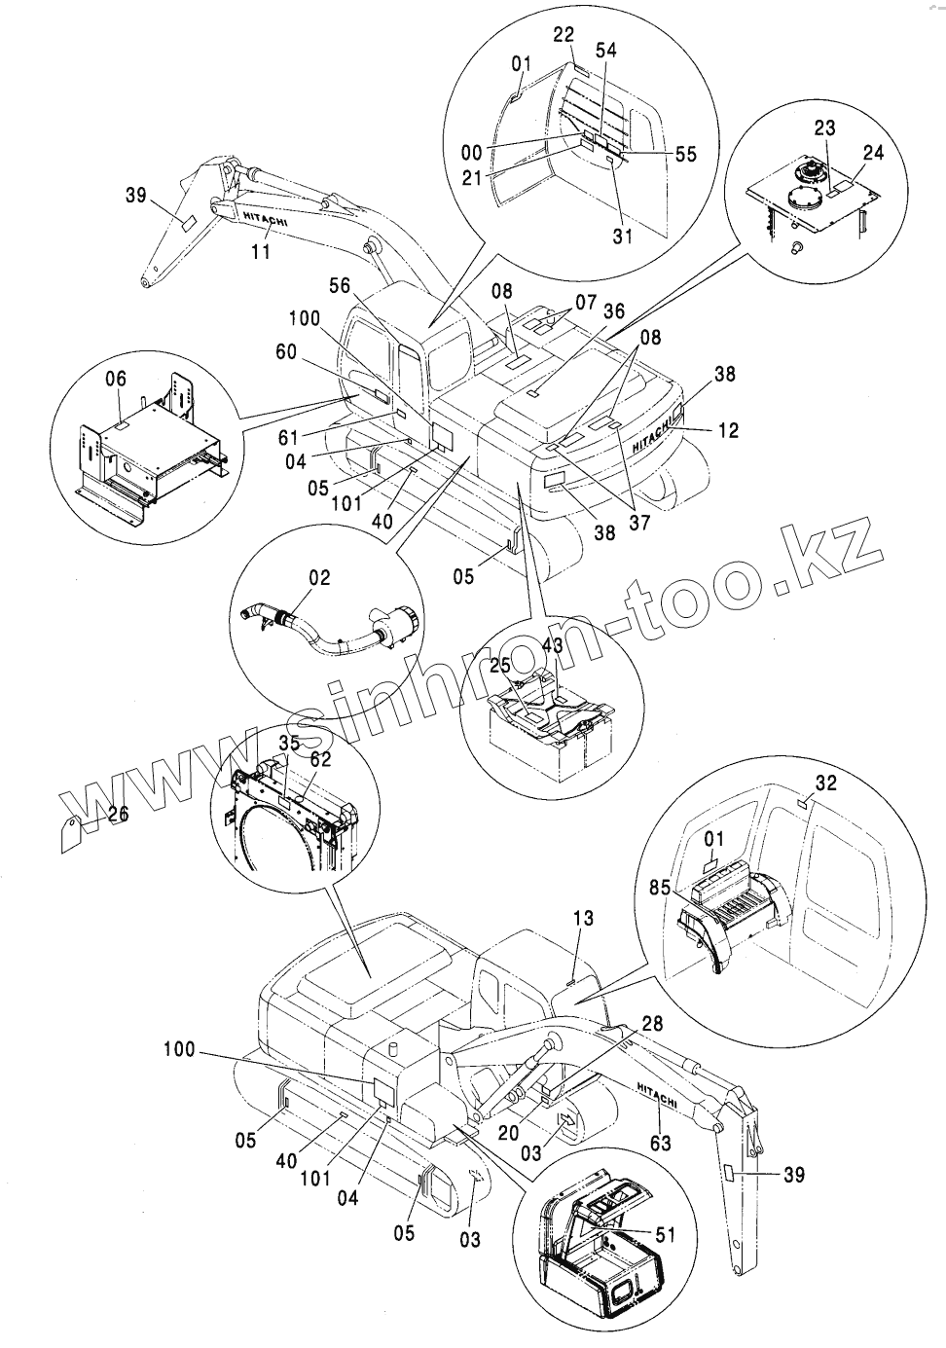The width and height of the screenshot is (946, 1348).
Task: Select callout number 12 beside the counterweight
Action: [727, 430]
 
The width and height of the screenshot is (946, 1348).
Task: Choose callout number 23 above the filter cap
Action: [825, 127]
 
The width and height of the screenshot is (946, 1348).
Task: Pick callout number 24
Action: [873, 152]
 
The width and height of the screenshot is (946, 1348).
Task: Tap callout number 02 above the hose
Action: [320, 578]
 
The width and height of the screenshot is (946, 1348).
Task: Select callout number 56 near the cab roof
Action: [340, 285]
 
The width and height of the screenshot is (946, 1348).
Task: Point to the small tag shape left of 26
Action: [74, 831]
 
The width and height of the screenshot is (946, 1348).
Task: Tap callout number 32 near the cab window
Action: [825, 783]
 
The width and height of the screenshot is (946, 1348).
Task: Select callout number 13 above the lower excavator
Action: [583, 918]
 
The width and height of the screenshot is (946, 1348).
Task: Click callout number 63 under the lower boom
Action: [660, 1143]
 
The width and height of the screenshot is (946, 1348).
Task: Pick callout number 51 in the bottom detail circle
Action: [667, 1235]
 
